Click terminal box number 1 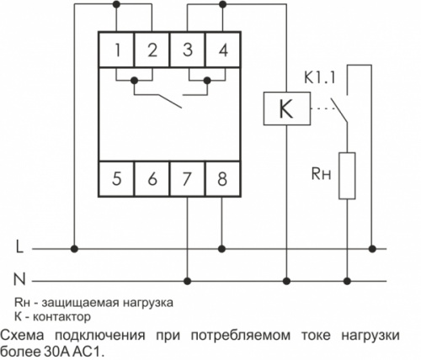tap(117, 50)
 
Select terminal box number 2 tap(152, 50)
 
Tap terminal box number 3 tap(188, 50)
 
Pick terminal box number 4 tap(223, 50)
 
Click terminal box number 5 tap(117, 178)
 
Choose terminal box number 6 tap(152, 178)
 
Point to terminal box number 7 tap(188, 178)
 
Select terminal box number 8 tap(223, 178)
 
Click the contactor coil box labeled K tap(287, 109)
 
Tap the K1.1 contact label tap(320, 78)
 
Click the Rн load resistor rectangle tap(347, 176)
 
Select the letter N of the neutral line tap(19, 279)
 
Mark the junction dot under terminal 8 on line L tap(221, 249)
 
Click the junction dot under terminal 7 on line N tap(187, 281)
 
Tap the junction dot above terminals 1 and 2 tap(116, 4)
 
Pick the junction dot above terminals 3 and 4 tap(222, 4)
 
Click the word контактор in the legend tap(62, 317)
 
